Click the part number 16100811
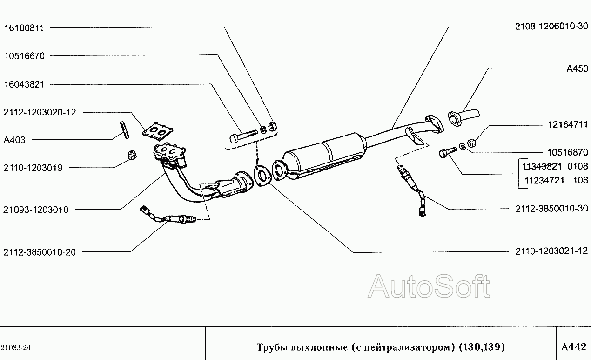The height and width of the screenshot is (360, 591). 24,28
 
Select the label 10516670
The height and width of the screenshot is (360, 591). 24,56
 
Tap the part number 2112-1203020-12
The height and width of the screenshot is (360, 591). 40,112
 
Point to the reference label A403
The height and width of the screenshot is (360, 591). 14,140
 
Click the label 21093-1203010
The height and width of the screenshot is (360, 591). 36,210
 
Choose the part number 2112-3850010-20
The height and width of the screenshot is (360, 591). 39,252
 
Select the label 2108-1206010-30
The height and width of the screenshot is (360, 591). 552,26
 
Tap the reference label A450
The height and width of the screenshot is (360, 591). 578,68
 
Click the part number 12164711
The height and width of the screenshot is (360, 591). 568,124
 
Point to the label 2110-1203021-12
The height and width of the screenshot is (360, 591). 552,251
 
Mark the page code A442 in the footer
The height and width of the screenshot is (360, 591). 574,346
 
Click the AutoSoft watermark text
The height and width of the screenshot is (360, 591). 429,286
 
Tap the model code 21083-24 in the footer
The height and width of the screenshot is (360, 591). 15,347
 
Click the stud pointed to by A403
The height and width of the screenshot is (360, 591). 125,129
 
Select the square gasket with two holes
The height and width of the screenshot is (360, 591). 158,131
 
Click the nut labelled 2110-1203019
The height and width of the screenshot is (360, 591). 131,155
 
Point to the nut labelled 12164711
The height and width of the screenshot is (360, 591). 471,143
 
